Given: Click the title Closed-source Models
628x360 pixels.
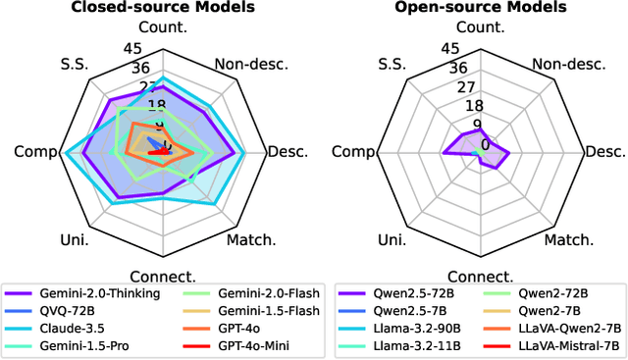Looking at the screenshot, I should tap(162, 8).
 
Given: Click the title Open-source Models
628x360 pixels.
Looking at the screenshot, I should tap(480, 8).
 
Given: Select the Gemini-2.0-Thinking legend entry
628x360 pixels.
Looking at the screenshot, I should tap(89, 293).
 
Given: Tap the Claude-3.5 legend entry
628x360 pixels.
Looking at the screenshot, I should tap(70, 327).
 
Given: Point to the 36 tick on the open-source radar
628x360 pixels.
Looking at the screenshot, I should tap(450, 68).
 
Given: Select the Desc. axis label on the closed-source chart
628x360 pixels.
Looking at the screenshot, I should tap(288, 152).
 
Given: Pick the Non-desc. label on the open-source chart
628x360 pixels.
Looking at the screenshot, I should tap(568, 65).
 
